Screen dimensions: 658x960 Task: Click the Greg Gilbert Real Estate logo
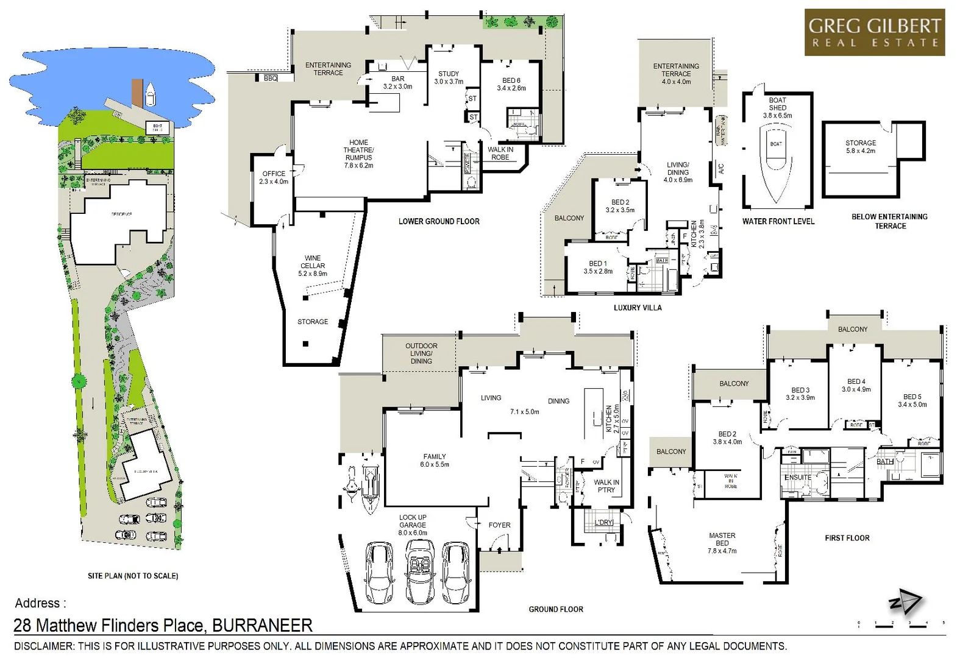(x=874, y=32)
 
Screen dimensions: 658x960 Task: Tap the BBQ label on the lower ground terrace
(x=271, y=79)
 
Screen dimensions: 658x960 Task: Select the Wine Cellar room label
(x=313, y=266)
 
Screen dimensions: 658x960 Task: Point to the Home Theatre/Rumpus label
(x=358, y=154)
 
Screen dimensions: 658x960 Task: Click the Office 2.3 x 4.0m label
(x=274, y=177)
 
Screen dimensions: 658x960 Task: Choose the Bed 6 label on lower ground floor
(x=511, y=84)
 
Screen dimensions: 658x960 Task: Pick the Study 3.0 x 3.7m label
(x=449, y=77)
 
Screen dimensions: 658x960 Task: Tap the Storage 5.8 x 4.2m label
(x=860, y=147)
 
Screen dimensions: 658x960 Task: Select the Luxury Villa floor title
(x=638, y=308)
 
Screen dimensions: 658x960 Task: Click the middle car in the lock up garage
(x=420, y=573)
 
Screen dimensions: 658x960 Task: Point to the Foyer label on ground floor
(x=499, y=525)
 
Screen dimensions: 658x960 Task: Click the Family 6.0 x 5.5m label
(x=435, y=460)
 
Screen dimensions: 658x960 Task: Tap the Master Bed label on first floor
(x=722, y=543)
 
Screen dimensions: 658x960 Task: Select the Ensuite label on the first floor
(x=798, y=477)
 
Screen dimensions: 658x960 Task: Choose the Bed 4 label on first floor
(x=856, y=385)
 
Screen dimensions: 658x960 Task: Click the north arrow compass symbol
(x=905, y=603)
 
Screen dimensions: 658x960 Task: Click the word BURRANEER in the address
(x=262, y=626)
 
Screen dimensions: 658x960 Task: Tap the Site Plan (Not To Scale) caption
(x=133, y=576)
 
